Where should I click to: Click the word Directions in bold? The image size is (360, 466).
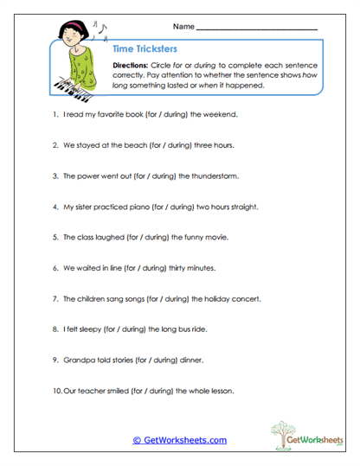132,66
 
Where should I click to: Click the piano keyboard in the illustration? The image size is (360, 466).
75,85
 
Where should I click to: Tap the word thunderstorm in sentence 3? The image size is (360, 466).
212,176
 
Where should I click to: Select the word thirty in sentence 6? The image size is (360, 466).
182,268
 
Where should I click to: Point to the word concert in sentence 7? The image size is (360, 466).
244,299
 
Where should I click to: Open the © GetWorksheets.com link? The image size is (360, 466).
179,440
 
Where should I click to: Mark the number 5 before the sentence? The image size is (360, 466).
55,237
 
